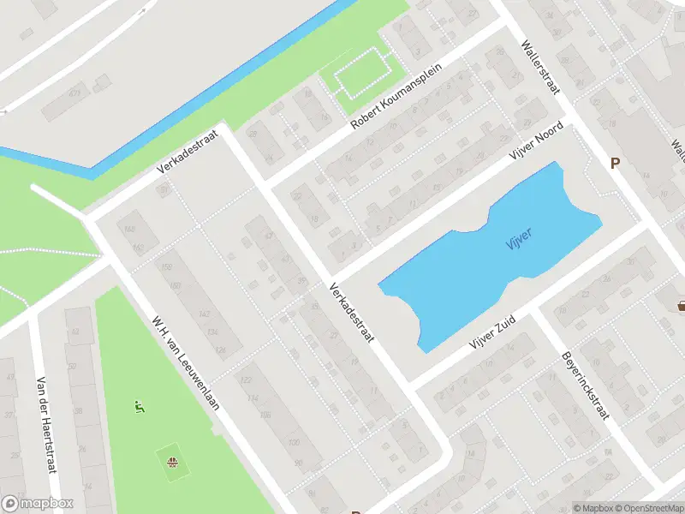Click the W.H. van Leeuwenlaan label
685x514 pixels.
click(186, 363)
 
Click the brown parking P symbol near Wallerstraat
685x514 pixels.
click(614, 163)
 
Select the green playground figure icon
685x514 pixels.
click(139, 406)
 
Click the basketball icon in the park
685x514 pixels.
click(173, 462)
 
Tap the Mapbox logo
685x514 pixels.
click(38, 504)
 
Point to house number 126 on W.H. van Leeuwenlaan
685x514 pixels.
click(221, 350)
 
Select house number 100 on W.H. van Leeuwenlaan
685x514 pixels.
click(294, 442)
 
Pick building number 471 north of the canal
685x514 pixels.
click(74, 93)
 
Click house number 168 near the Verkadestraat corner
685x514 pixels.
click(130, 230)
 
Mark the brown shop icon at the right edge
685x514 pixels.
click(682, 304)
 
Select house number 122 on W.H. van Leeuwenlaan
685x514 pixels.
click(246, 380)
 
